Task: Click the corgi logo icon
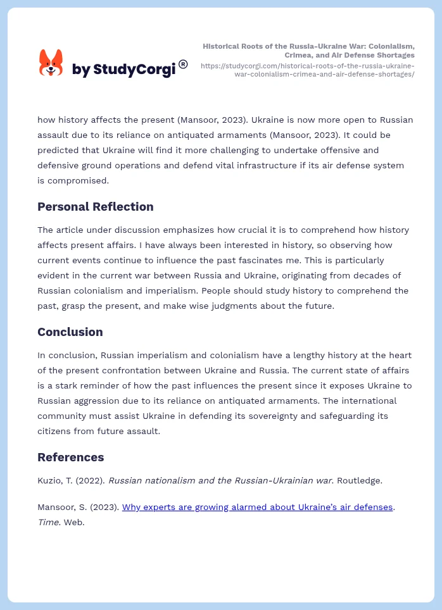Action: click(x=51, y=63)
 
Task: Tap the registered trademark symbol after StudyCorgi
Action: click(x=183, y=64)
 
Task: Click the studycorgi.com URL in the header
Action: click(x=308, y=70)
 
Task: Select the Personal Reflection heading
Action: click(x=96, y=207)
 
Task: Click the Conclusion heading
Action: click(x=70, y=332)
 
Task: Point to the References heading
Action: click(x=71, y=457)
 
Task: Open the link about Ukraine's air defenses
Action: click(x=257, y=507)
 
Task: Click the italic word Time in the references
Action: click(x=49, y=522)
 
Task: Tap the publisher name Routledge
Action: click(x=359, y=480)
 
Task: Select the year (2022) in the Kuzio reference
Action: click(x=90, y=480)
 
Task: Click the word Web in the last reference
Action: click(x=74, y=522)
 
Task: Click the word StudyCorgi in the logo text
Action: click(x=134, y=69)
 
